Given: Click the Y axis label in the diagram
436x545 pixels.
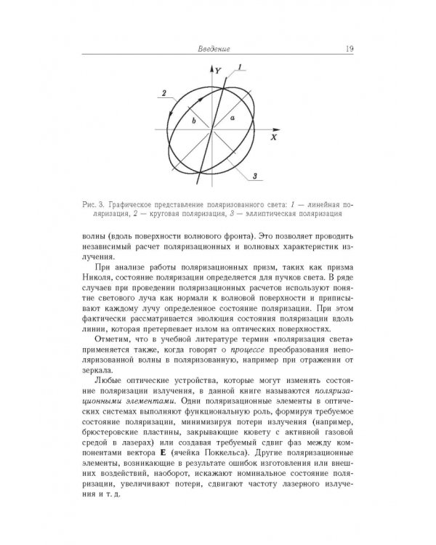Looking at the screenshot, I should [x=218, y=71].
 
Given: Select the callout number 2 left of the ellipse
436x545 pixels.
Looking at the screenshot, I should [x=165, y=93].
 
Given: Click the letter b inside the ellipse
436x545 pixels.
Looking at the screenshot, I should [x=194, y=122].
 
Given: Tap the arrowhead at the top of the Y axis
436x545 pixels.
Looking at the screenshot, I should [x=211, y=68].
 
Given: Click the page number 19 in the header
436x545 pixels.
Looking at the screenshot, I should [x=350, y=49].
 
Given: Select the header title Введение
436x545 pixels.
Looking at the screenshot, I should [x=214, y=49].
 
